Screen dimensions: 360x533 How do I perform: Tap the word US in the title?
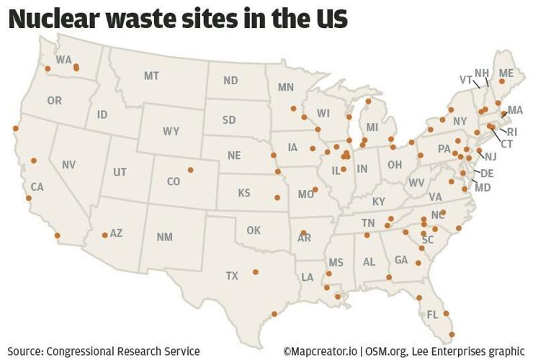[x=329, y=18]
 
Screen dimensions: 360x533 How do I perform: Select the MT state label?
[x=151, y=76]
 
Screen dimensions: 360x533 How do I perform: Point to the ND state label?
[x=230, y=81]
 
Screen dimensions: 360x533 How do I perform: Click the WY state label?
[x=171, y=131]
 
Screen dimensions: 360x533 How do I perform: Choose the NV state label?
[x=68, y=165]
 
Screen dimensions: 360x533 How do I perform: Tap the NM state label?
[x=164, y=237]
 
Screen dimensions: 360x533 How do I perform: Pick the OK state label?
[x=253, y=230]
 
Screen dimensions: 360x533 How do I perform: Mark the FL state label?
[x=432, y=315]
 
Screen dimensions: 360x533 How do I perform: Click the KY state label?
[x=379, y=202]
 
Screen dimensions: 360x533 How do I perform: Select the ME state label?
[x=506, y=73]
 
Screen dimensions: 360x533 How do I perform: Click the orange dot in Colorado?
[x=190, y=170]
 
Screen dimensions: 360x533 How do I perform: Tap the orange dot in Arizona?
[x=105, y=235]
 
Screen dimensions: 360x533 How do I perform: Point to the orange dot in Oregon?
[x=48, y=69]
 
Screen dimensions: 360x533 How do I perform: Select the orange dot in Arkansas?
[x=304, y=233]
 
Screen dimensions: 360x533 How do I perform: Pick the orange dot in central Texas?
[x=255, y=271]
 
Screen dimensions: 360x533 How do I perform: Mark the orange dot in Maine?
[x=502, y=82]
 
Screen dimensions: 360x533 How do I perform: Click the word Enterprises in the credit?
[x=449, y=351]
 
